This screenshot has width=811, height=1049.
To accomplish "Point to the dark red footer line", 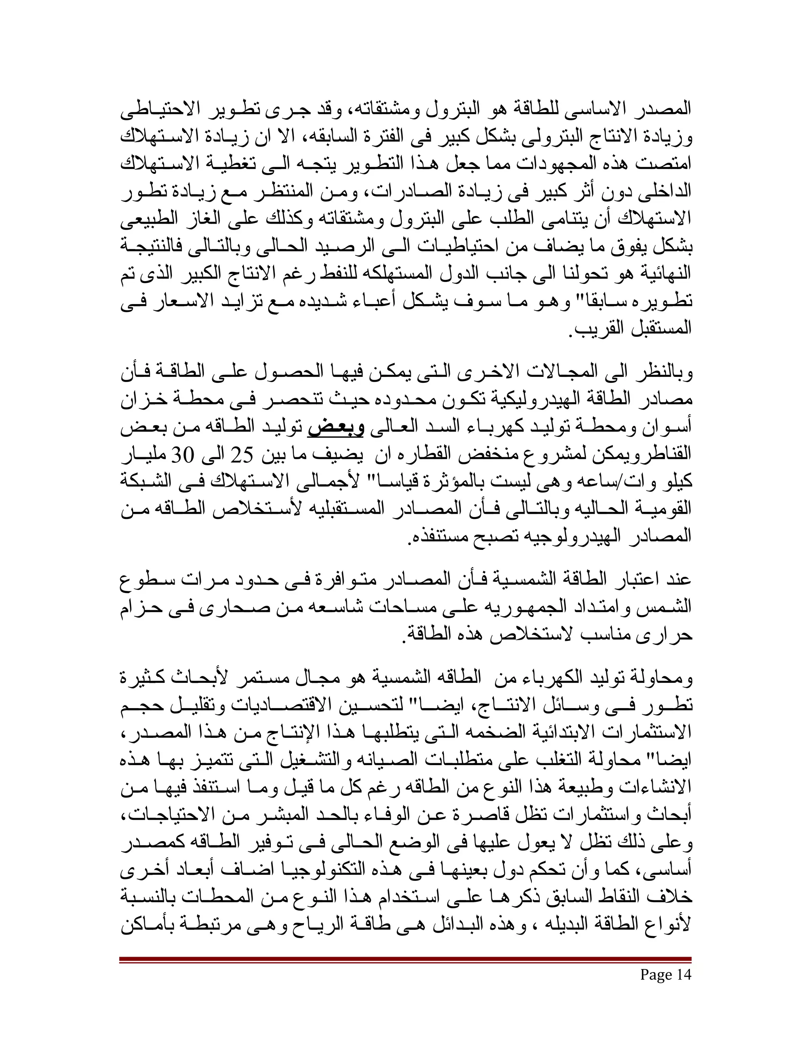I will (405, 959).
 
